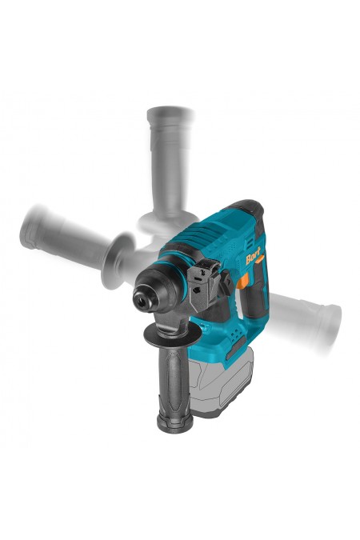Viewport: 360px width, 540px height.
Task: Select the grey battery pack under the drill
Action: [x=221, y=382]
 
